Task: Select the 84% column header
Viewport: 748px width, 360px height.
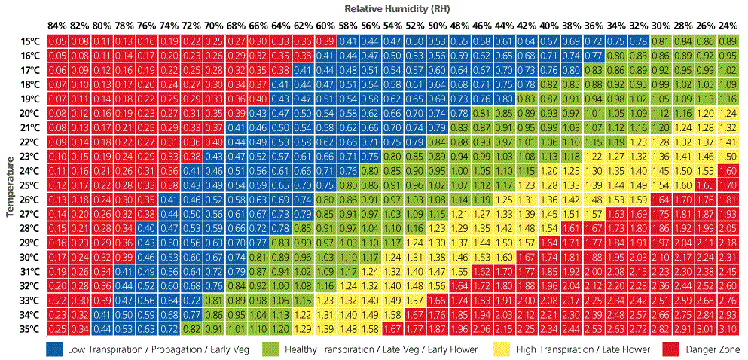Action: [x=56, y=26]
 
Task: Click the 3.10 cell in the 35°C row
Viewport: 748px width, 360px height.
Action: [x=727, y=329]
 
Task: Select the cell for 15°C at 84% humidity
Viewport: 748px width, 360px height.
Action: [x=56, y=41]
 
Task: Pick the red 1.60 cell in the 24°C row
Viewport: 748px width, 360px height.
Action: [x=727, y=171]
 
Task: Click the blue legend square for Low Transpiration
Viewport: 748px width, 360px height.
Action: [x=53, y=349]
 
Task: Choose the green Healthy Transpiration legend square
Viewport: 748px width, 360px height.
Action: [x=270, y=349]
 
